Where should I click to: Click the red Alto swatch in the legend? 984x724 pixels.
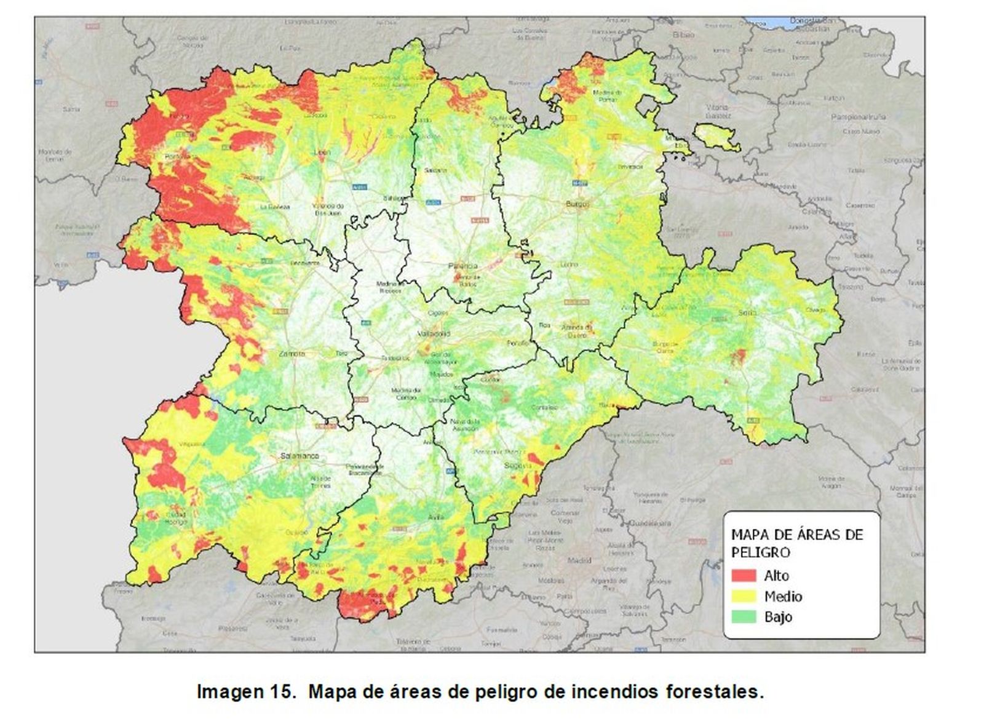744,576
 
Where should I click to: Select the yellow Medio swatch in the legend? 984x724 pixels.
744,596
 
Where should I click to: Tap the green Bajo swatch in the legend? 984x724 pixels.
744,616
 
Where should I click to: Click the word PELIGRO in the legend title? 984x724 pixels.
753,552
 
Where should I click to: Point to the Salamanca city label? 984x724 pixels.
300,456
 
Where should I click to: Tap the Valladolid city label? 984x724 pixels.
434,334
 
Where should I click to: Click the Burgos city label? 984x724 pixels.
579,203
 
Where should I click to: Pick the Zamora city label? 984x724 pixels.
292,354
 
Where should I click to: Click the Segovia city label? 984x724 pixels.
514,466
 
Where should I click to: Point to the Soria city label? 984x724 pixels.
748,312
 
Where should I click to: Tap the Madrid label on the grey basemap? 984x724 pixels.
579,560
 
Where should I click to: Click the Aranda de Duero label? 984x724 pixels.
576,331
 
